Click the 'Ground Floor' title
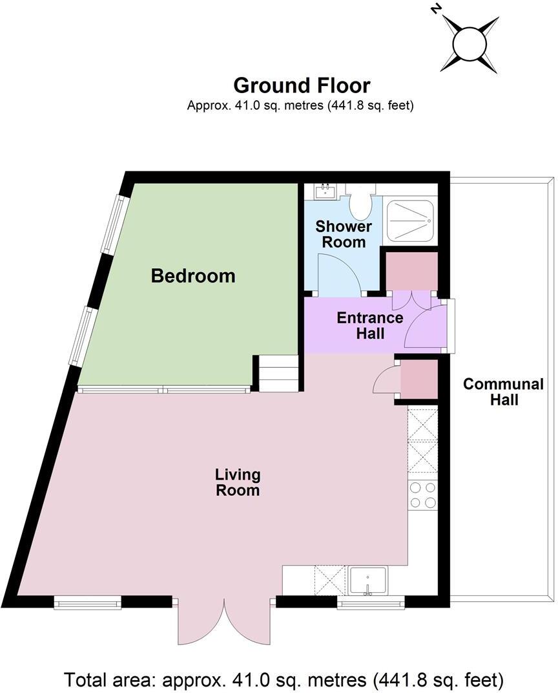click(302, 85)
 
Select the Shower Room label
click(344, 235)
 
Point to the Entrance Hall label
click(370, 326)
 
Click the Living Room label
click(238, 482)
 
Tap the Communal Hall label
click(504, 392)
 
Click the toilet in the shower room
click(360, 204)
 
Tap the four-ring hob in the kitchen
click(423, 495)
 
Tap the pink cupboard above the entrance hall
click(412, 271)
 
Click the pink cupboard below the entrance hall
click(418, 379)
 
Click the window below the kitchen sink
click(371, 605)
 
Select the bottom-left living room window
click(88, 604)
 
